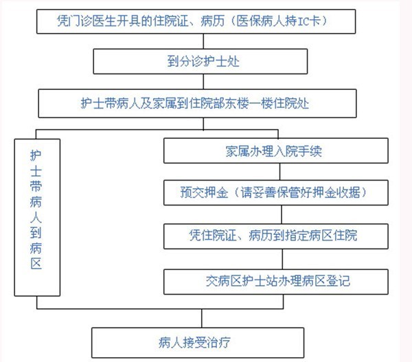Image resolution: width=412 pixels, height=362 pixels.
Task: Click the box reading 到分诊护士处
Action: point(201,62)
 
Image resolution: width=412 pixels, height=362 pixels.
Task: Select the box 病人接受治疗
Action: point(198,343)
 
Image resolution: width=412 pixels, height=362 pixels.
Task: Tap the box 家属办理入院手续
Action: point(276,150)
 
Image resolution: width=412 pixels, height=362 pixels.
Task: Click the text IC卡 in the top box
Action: point(309,21)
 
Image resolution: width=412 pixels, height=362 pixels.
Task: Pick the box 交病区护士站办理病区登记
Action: point(276,282)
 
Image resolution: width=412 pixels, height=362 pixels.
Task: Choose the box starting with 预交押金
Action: point(276,193)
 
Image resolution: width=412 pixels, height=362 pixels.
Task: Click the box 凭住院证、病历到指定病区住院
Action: point(276,236)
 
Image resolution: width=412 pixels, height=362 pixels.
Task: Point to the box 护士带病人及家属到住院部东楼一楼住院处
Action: point(197,103)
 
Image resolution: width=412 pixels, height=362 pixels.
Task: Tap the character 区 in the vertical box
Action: point(36,263)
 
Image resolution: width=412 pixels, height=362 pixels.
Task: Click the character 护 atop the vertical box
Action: point(36,155)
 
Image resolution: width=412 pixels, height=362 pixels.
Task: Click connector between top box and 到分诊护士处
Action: point(203,41)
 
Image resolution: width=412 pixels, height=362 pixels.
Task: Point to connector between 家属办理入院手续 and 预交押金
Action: point(280,172)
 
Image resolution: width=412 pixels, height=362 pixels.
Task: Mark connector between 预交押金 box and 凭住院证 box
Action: point(282,214)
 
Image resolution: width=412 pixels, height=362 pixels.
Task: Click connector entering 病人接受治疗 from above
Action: point(202,318)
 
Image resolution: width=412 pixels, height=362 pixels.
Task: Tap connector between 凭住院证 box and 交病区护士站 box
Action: point(282,259)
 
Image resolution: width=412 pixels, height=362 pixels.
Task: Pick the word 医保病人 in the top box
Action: point(260,21)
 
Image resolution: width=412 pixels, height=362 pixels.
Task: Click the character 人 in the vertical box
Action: point(36,217)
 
